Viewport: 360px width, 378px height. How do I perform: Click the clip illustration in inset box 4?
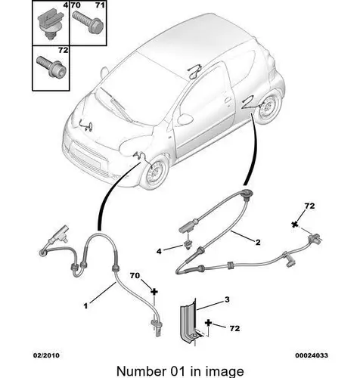50,26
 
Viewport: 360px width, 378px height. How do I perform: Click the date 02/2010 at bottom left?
47,355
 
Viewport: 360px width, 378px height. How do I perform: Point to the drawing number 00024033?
312,355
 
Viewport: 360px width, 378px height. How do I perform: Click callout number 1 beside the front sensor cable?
85,306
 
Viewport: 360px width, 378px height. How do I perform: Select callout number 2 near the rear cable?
258,243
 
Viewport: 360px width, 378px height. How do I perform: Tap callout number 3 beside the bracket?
227,299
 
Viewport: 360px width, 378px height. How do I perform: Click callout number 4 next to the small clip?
159,251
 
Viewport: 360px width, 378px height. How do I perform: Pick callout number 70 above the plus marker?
135,276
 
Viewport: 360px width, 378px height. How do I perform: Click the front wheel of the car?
154,173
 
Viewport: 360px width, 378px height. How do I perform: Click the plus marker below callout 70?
154,292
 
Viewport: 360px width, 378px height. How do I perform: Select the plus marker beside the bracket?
208,323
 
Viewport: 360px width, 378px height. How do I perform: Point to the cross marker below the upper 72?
294,225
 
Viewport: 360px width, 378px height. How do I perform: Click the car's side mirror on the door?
185,119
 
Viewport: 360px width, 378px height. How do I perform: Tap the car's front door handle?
228,100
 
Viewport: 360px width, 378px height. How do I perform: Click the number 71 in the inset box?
100,5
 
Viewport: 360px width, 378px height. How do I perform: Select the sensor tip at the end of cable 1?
157,327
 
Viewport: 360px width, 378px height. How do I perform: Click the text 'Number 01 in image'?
180,371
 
